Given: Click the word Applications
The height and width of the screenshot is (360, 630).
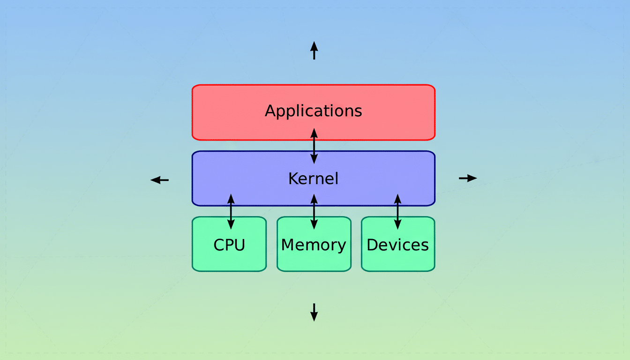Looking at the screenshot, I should click(313, 111).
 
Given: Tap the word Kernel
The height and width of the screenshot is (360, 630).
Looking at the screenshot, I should click(313, 179).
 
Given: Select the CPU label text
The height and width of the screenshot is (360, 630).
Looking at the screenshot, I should click(229, 245).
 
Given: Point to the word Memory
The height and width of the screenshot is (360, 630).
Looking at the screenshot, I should click(314, 245).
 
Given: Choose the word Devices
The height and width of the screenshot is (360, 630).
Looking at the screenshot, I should click(397, 245).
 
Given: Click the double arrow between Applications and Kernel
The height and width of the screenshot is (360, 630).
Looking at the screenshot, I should click(314, 146).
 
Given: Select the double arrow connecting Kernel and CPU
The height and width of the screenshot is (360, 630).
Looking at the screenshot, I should click(231, 211).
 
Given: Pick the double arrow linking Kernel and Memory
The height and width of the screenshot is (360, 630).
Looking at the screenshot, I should click(314, 211).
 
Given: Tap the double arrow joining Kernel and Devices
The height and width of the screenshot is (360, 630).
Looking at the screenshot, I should click(397, 211).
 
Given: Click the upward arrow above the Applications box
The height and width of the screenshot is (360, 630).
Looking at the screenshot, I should click(314, 50).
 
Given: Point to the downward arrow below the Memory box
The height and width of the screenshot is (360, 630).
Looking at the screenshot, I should click(314, 312).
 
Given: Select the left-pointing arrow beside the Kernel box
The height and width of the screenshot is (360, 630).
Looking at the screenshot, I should click(159, 180).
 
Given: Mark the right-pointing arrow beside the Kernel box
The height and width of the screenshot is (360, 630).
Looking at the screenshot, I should click(468, 178).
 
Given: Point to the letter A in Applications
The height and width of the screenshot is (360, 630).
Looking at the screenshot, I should click(270, 111).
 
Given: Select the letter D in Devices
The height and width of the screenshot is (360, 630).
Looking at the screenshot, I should click(372, 245).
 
